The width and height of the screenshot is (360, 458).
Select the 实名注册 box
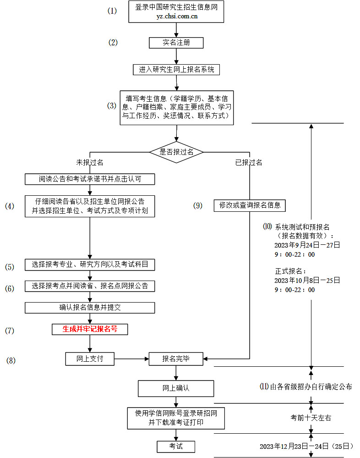pos(176,43)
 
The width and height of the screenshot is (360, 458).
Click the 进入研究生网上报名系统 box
pos(176,70)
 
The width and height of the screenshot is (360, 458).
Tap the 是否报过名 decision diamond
pos(176,152)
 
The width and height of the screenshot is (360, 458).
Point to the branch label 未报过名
pos(90,163)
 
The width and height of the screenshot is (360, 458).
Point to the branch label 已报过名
pos(249,163)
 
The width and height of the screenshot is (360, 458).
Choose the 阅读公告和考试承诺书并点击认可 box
pos(90,179)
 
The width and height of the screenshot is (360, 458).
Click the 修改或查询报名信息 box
pos(250,205)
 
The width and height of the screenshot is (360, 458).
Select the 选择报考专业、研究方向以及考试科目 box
pos(90,265)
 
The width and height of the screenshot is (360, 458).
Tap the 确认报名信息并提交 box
pos(90,308)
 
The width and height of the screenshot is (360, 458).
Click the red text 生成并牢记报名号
pos(90,329)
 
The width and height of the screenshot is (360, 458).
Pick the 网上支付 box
pos(90,359)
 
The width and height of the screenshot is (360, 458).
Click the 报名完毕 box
pos(176,359)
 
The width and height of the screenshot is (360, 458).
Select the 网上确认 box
pos(176,388)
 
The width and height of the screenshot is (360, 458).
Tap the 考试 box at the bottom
pos(176,446)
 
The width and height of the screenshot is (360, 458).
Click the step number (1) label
pos(112,11)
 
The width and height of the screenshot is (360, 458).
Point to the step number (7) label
pos(10,330)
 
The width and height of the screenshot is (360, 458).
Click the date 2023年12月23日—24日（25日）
pos(306,446)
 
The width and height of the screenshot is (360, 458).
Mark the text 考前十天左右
pos(311,418)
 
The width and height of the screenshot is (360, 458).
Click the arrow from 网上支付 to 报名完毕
pos(131,359)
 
